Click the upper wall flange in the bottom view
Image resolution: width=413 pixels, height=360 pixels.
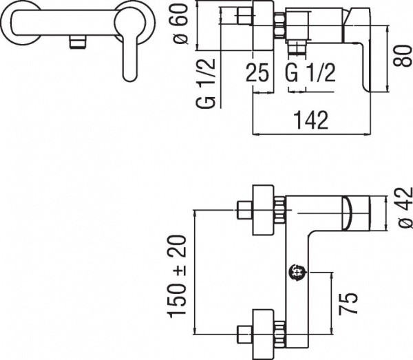pyautogui.click(x=263, y=207)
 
